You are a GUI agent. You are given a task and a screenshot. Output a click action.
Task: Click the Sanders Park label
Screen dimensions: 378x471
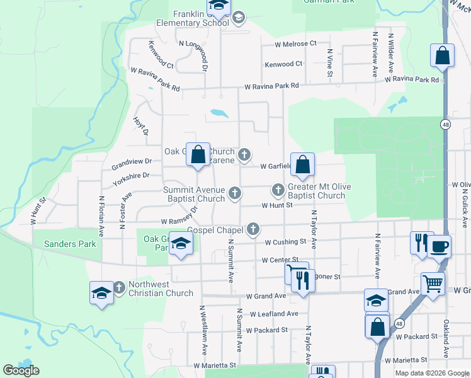coord(64,244)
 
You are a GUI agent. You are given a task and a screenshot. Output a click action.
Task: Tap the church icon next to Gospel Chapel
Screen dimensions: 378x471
coord(253,229)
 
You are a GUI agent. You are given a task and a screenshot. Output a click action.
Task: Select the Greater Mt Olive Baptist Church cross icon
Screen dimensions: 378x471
coord(278,189)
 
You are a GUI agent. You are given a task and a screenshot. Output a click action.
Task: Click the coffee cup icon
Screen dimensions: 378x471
coord(440,246)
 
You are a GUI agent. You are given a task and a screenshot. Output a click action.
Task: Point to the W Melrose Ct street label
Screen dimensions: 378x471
coord(295,44)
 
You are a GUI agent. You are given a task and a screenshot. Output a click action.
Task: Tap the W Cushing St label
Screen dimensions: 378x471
coord(285,242)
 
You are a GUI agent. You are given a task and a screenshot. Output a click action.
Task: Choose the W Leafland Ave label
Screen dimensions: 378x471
coord(274,314)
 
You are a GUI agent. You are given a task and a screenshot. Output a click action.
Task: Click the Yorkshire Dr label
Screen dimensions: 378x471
coord(131,176)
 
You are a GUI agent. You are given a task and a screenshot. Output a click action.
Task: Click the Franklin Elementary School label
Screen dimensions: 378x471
coord(201,18)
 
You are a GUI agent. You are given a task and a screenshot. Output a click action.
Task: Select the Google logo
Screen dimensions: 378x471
coord(21,370)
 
